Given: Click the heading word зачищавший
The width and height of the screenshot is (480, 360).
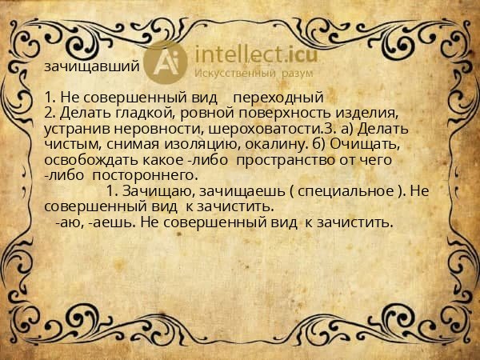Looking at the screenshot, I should (x=93, y=66).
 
